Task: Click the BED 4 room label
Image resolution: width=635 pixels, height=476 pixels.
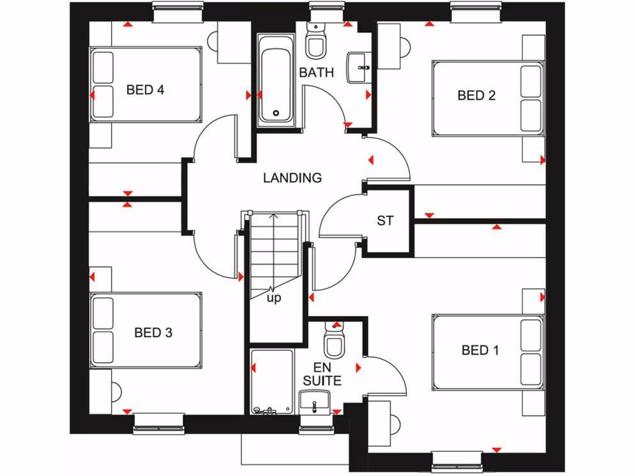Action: [x=145, y=90]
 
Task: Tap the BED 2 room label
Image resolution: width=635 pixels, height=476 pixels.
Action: [x=476, y=95]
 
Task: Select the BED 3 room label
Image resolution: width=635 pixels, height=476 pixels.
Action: [x=153, y=333]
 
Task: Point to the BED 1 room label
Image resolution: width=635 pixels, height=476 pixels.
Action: [x=480, y=350]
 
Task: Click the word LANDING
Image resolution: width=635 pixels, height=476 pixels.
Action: [x=293, y=178]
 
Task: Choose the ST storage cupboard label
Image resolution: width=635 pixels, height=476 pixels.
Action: [x=385, y=221]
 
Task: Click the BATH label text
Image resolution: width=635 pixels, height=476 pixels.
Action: [x=316, y=73]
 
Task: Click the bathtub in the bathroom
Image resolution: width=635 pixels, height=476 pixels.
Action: [x=276, y=79]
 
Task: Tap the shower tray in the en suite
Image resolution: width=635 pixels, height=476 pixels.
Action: [x=272, y=381]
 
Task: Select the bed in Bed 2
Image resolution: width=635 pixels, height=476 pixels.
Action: [x=487, y=98]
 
